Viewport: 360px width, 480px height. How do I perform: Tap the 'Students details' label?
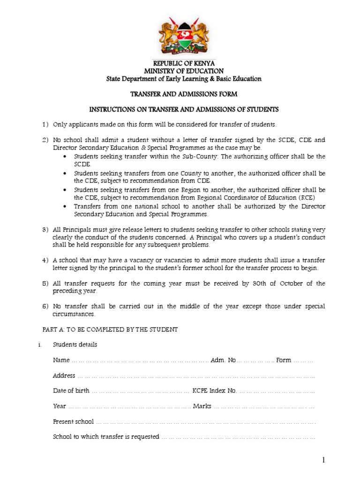point(75,345)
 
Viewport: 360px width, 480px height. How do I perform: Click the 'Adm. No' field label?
point(224,360)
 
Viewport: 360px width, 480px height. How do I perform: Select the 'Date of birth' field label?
point(71,390)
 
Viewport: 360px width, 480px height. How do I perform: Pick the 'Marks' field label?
point(202,406)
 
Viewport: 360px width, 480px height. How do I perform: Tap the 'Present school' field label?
point(73,421)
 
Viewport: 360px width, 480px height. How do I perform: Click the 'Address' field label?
point(64,375)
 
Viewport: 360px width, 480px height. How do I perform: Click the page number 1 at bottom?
point(323,461)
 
